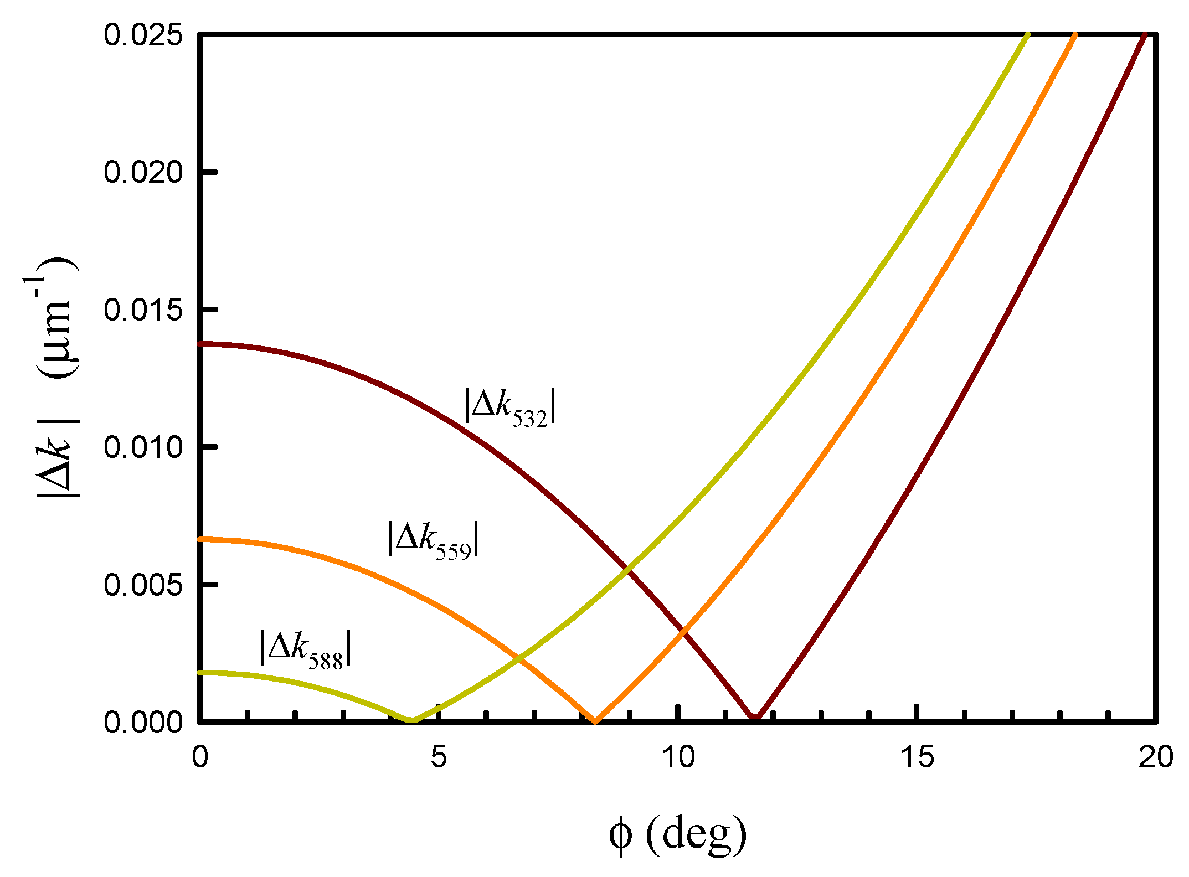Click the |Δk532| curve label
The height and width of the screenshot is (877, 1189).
click(510, 407)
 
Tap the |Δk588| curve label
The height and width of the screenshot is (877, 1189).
click(306, 649)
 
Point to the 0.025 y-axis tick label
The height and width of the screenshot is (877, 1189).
click(143, 35)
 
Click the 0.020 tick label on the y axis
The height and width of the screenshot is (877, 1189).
click(143, 172)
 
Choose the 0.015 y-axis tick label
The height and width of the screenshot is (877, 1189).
click(143, 309)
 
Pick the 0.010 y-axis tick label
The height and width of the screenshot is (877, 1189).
click(143, 447)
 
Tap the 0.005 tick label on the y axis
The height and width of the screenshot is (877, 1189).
click(143, 584)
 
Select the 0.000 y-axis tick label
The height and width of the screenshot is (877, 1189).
click(143, 722)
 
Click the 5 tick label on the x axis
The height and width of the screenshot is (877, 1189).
click(439, 756)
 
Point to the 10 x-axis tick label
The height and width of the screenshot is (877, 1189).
click(678, 756)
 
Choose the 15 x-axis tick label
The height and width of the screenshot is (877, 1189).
click(918, 756)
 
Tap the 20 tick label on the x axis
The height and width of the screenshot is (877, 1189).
click(1156, 756)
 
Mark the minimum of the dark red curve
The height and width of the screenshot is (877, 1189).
click(755, 718)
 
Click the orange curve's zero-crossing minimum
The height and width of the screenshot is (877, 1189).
click(595, 720)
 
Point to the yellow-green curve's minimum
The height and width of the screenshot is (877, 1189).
click(412, 720)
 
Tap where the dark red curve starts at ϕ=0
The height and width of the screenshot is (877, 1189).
click(200, 344)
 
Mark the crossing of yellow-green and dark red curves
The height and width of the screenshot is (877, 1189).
click(626, 568)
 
